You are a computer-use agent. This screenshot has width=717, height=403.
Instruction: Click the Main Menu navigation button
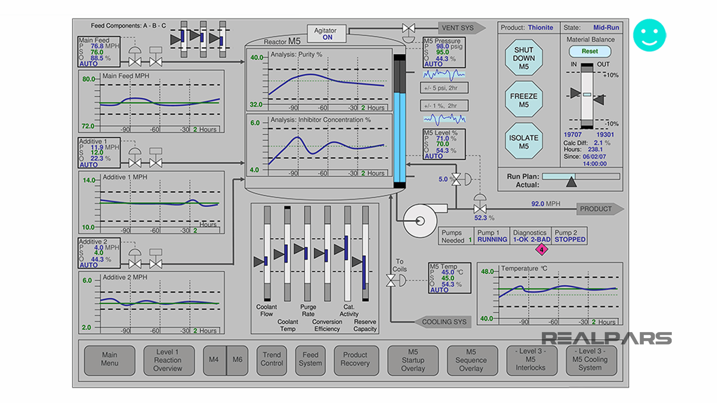pyautogui.click(x=109, y=359)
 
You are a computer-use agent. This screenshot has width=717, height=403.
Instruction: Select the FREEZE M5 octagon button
pyautogui.click(x=524, y=100)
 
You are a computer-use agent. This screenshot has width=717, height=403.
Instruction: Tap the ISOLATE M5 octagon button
pyautogui.click(x=524, y=142)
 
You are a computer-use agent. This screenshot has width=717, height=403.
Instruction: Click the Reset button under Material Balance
pyautogui.click(x=590, y=51)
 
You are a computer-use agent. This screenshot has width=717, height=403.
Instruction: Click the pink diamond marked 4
pyautogui.click(x=541, y=250)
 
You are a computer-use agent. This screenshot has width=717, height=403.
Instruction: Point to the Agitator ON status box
pyautogui.click(x=327, y=34)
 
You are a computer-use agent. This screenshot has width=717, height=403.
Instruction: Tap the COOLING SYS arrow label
pyautogui.click(x=443, y=322)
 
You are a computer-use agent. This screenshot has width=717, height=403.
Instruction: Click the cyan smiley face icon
pyautogui.click(x=649, y=35)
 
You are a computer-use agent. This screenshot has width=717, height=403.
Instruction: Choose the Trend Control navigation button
pyautogui.click(x=271, y=359)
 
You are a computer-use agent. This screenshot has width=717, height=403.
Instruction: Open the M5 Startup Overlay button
pyautogui.click(x=413, y=360)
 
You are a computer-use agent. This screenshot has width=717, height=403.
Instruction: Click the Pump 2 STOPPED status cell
pyautogui.click(x=569, y=236)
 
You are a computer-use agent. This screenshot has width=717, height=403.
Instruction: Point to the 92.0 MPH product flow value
pyautogui.click(x=545, y=204)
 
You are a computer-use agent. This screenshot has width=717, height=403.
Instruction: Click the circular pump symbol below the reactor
pyautogui.click(x=420, y=221)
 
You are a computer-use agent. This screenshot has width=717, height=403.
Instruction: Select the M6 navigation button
pyautogui.click(x=238, y=360)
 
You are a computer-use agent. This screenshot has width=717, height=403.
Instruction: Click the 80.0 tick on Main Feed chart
pyautogui.click(x=89, y=79)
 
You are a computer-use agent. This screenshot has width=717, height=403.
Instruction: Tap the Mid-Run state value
pyautogui.click(x=606, y=28)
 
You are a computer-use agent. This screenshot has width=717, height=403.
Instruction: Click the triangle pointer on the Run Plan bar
pyautogui.click(x=571, y=182)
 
